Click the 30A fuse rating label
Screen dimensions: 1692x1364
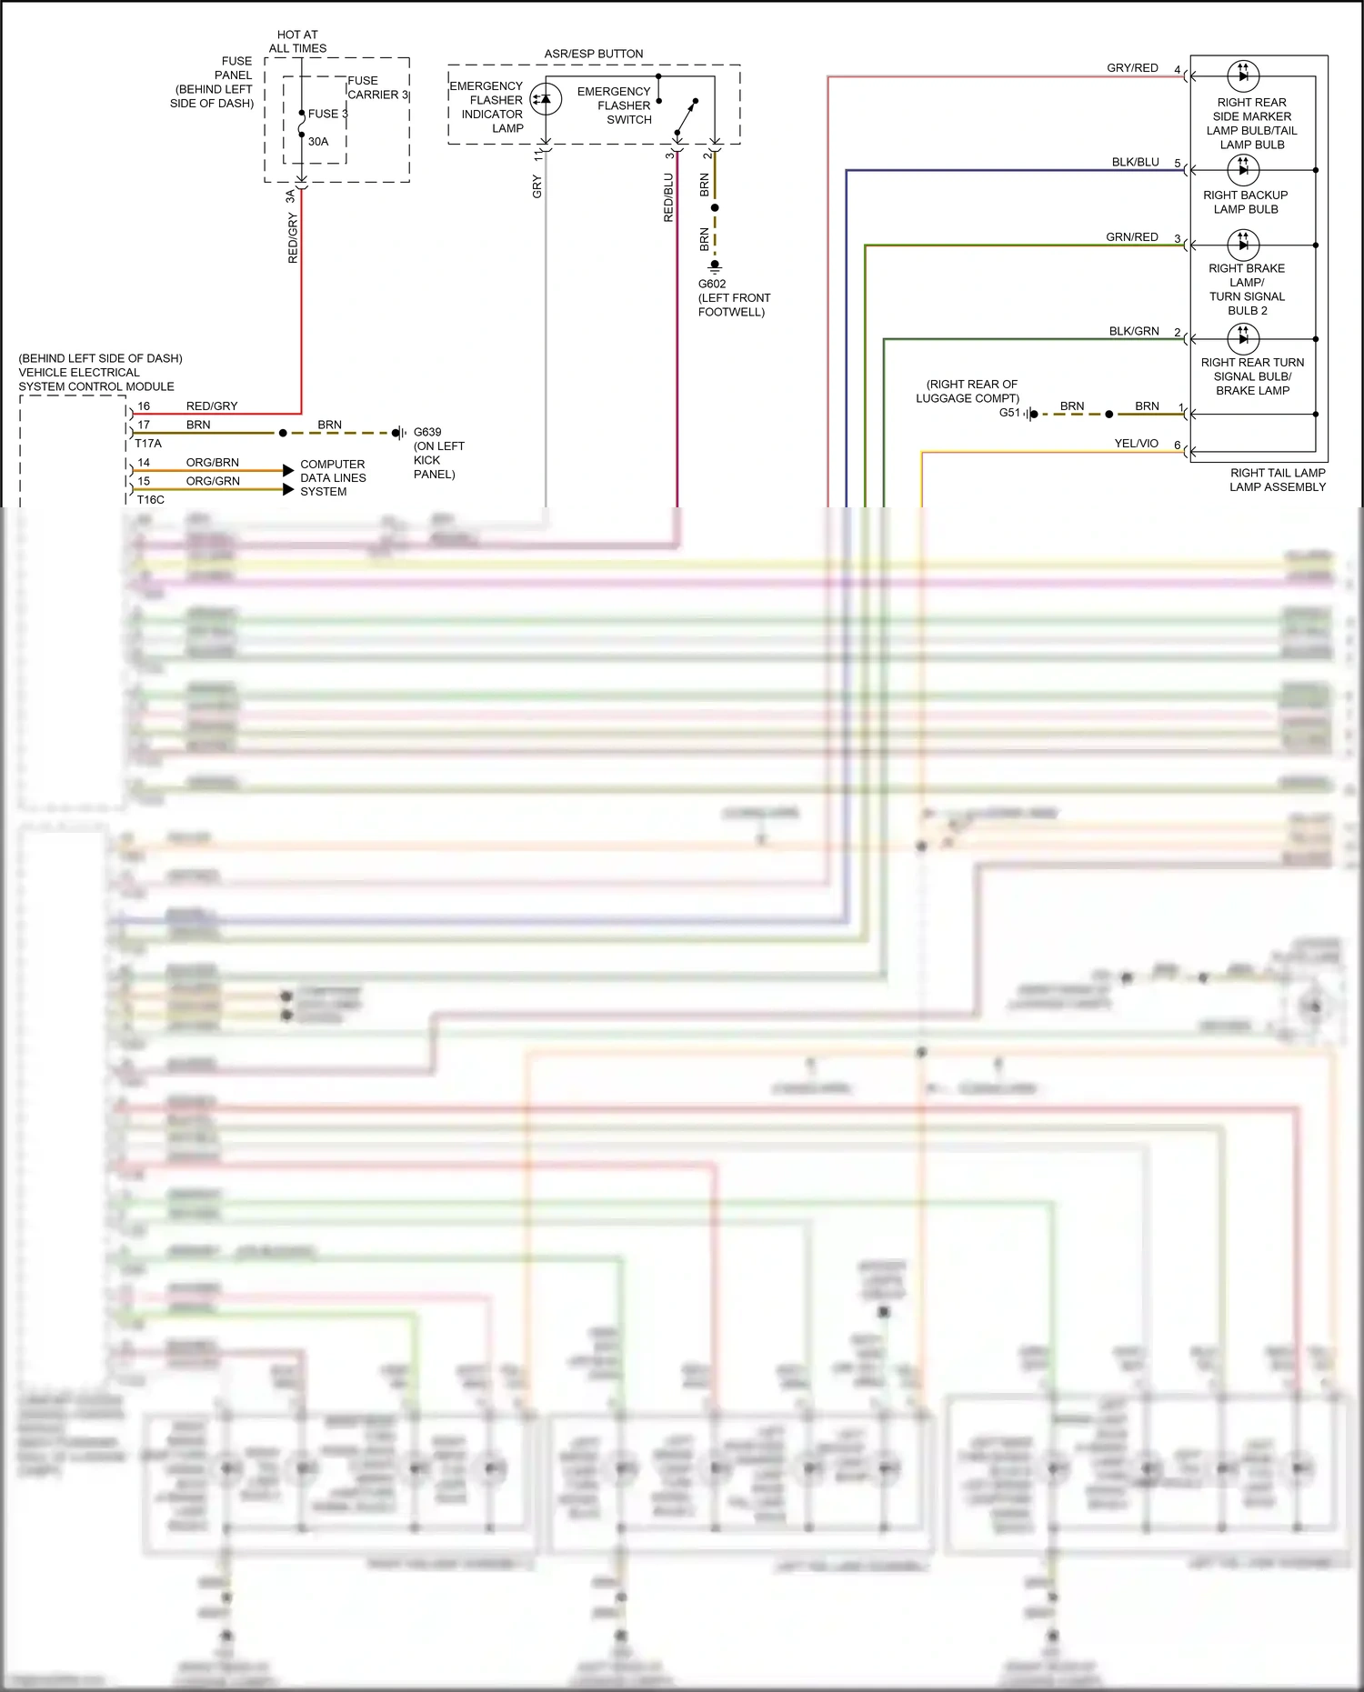click(x=317, y=142)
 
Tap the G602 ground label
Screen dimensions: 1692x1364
click(x=712, y=284)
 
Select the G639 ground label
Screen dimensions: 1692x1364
click(x=427, y=432)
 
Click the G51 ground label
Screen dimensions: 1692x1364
click(x=1009, y=413)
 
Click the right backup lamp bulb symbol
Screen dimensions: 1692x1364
click(x=1243, y=169)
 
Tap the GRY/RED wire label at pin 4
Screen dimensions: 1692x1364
click(x=1132, y=68)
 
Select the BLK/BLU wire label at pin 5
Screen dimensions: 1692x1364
click(x=1135, y=162)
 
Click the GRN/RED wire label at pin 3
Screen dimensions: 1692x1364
click(x=1131, y=237)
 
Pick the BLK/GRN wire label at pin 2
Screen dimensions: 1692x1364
click(x=1133, y=331)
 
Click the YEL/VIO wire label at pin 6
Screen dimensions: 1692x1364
click(x=1136, y=444)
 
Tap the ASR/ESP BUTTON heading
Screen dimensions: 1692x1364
click(x=594, y=54)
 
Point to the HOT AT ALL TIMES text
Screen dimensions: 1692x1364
click(x=297, y=42)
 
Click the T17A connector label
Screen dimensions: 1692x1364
click(x=148, y=444)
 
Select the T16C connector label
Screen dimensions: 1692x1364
click(x=151, y=499)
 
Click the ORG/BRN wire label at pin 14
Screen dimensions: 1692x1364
click(x=212, y=463)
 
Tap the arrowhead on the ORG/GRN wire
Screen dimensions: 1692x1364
click(x=288, y=490)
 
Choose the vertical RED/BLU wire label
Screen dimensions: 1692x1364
click(x=668, y=198)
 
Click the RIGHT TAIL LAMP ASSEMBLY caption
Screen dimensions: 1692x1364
click(x=1277, y=480)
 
